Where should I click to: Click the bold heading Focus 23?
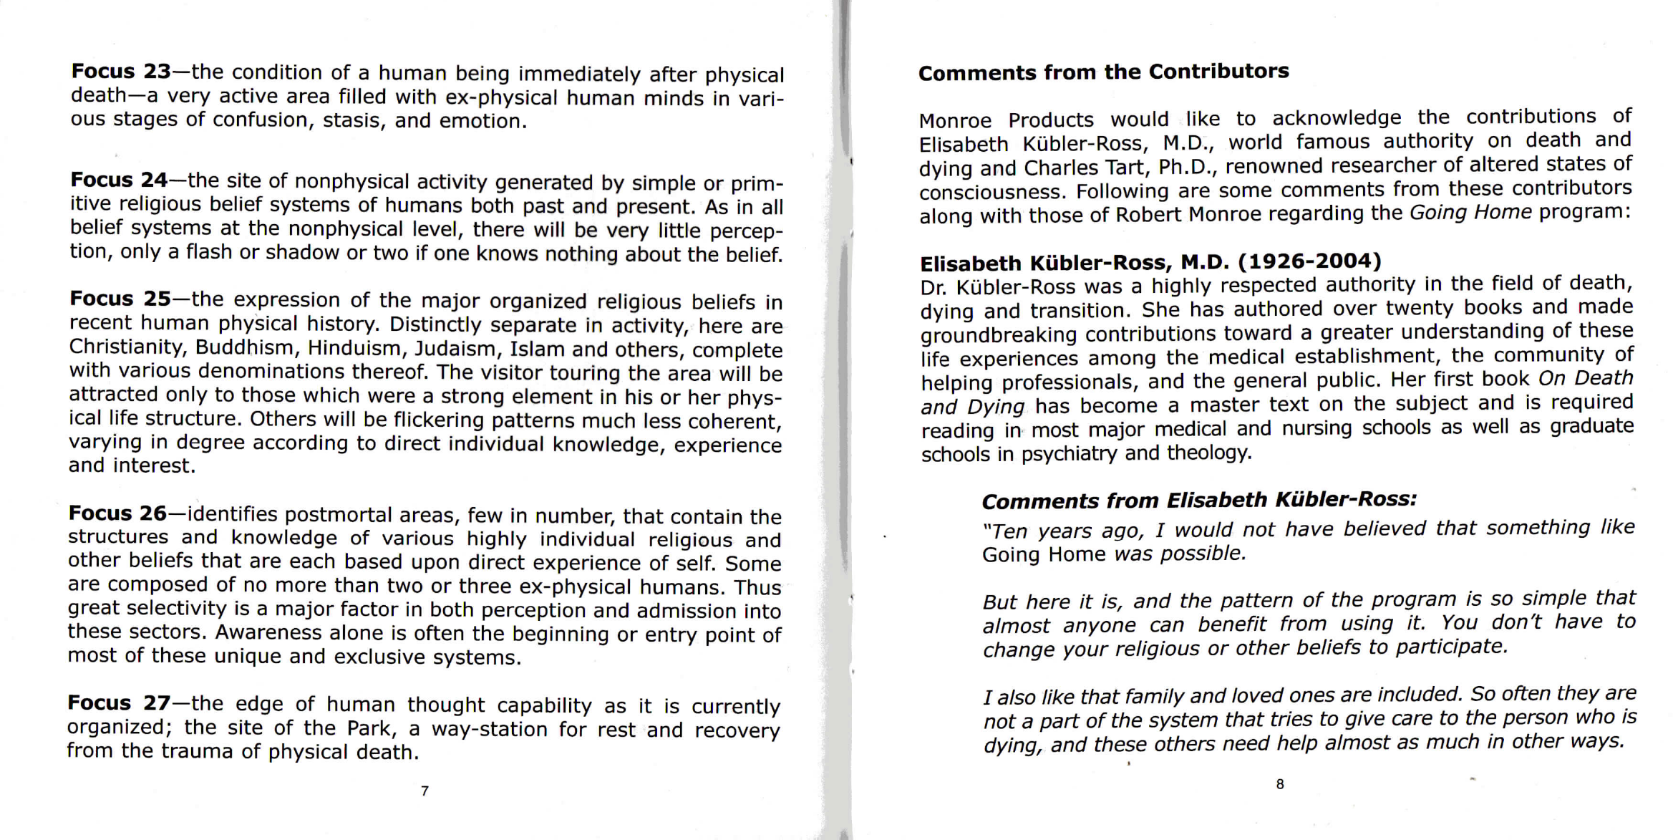pyautogui.click(x=121, y=72)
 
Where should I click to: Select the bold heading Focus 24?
pyautogui.click(x=119, y=179)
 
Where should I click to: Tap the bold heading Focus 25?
pyautogui.click(x=120, y=298)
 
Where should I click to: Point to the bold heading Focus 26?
pyautogui.click(x=117, y=513)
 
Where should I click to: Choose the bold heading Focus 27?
pyautogui.click(x=119, y=703)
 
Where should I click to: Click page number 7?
pyautogui.click(x=425, y=791)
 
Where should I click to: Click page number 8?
pyautogui.click(x=1280, y=784)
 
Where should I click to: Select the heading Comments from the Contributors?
pyautogui.click(x=1103, y=72)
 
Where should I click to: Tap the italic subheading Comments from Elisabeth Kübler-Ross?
pyautogui.click(x=1199, y=500)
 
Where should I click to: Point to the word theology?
pyautogui.click(x=1209, y=453)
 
